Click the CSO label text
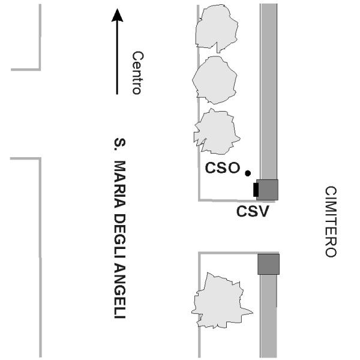coord(222,169)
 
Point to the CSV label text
coord(251,212)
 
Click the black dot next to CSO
coord(247,174)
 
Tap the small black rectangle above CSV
coord(256,190)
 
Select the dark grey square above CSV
coord(268,190)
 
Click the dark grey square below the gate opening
coord(268,264)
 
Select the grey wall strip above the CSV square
coord(268,90)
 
